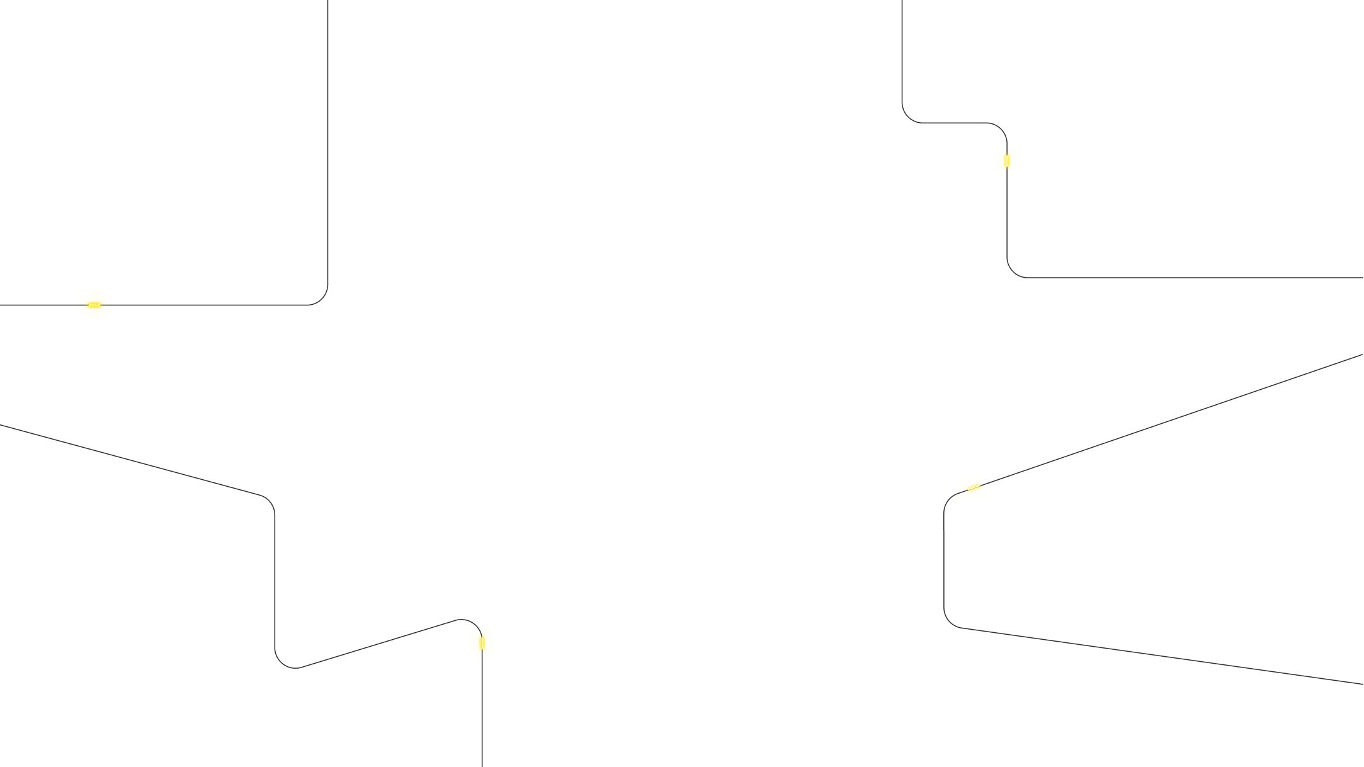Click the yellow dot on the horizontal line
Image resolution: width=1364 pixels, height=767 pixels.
coord(94,305)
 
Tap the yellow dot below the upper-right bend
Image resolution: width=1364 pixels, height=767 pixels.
coord(1006,161)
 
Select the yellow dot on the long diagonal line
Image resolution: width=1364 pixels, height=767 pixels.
coord(974,487)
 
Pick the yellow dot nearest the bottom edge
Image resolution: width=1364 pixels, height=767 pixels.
coord(482,643)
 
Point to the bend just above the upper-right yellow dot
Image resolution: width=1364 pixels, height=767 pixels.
coord(1001,128)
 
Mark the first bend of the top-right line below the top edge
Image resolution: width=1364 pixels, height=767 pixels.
coord(908,117)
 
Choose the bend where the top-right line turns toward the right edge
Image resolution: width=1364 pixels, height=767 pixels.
coord(1013,271)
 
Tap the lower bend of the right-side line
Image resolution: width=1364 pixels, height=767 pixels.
coord(949,622)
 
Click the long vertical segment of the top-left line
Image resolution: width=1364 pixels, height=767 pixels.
coord(327,139)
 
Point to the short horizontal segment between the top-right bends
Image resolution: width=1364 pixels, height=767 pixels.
coord(954,123)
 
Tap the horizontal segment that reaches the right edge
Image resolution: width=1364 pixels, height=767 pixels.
coord(1196,277)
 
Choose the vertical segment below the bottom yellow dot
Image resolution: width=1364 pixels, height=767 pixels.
coord(482,718)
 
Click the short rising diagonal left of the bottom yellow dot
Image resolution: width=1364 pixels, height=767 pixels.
coord(378,644)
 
